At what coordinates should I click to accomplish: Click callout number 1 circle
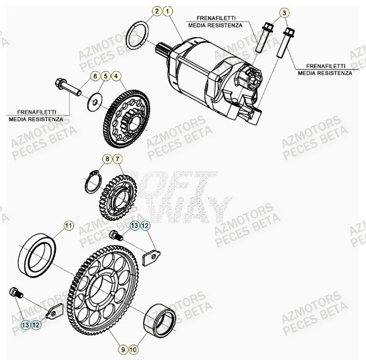167,11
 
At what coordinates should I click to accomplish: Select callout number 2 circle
157,11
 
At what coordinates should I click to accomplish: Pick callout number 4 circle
116,76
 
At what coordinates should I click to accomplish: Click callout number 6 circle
95,76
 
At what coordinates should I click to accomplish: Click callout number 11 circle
68,226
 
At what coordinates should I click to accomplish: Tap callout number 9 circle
123,349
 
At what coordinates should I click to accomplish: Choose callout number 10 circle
133,349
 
